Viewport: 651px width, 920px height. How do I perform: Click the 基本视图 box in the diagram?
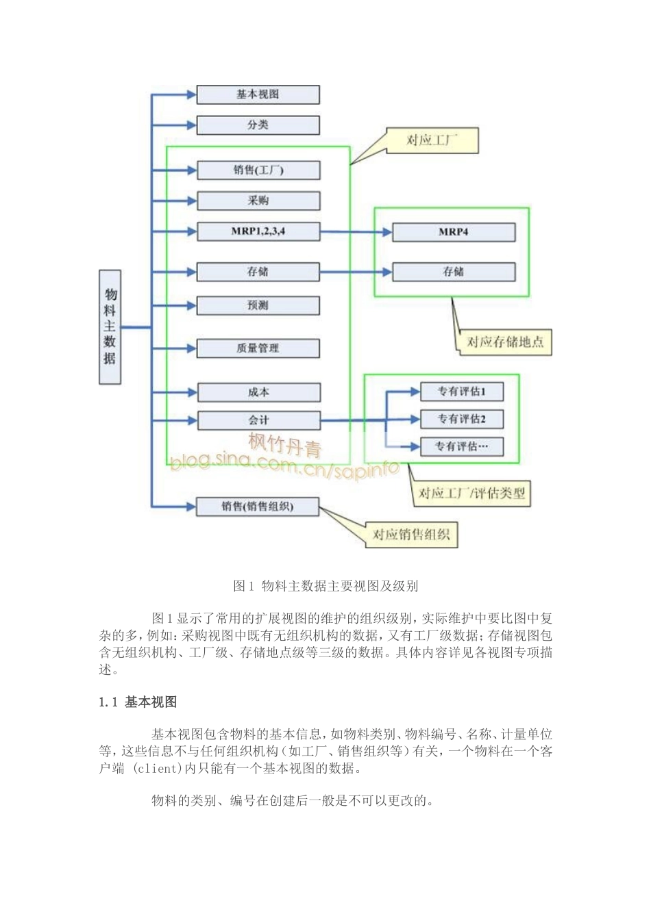coord(258,94)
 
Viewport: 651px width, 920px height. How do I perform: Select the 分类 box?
coord(258,125)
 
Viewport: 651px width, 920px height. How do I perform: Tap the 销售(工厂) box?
coord(258,170)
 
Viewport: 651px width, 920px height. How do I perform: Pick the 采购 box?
coord(258,201)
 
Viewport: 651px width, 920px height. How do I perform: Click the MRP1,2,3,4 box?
coord(258,231)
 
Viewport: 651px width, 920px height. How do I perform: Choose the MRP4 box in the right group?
coord(453,232)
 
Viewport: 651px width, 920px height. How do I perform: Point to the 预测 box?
coord(258,305)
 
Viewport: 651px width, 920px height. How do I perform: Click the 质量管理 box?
coord(258,348)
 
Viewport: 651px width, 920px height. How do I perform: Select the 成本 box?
coord(258,392)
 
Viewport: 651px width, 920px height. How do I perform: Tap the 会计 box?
coord(258,420)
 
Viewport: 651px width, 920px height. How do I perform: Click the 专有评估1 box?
coord(461,392)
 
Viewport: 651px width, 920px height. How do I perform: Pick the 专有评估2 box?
coord(461,419)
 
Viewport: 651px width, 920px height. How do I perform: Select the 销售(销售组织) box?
coord(258,507)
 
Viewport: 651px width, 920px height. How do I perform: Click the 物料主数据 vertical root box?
coord(110,327)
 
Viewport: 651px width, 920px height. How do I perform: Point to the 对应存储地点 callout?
coord(504,342)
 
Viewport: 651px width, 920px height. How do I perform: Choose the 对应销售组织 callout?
coord(411,535)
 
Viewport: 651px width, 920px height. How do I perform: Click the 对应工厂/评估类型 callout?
coord(471,493)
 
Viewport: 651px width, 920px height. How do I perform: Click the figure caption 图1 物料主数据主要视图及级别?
coord(325,586)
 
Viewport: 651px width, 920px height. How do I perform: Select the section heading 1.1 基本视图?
coord(138,702)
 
